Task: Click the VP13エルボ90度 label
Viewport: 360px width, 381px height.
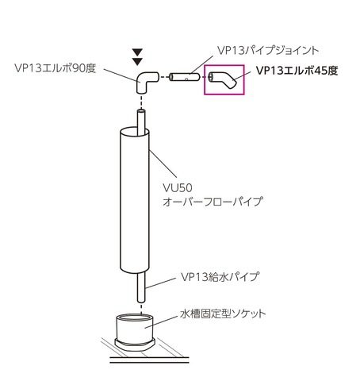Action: [x=55, y=68]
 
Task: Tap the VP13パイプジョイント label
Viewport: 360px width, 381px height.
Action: [x=268, y=50]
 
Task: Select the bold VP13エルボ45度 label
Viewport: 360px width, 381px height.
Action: [x=297, y=71]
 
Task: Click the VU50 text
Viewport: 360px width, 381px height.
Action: [x=178, y=188]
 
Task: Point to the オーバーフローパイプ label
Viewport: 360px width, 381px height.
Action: [x=213, y=202]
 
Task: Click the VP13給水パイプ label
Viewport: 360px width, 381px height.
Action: [x=220, y=277]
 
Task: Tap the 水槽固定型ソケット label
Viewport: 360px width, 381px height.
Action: [x=223, y=314]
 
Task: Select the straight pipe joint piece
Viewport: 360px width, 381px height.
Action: [x=184, y=77]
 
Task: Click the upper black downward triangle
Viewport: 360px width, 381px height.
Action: [x=137, y=52]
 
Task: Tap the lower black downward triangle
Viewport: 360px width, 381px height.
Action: [x=137, y=62]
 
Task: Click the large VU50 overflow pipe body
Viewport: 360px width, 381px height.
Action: [x=135, y=201]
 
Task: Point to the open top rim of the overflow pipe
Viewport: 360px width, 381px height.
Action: [x=135, y=132]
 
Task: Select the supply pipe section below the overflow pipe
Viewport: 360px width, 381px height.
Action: [x=141, y=288]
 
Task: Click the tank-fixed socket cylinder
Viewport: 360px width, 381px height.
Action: [x=135, y=328]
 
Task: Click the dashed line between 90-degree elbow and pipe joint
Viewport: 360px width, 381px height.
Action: [x=164, y=77]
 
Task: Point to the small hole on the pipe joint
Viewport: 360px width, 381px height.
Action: [x=186, y=79]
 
